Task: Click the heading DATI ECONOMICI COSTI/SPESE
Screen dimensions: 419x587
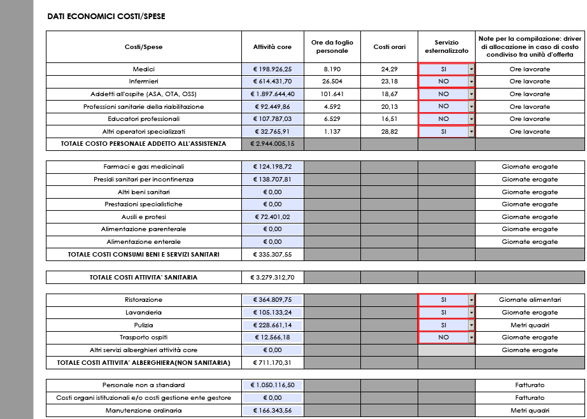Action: point(106,17)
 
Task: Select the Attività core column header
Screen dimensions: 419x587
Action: point(272,46)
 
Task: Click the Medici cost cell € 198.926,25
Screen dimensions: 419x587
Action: point(272,69)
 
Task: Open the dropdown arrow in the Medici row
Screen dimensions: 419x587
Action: point(471,69)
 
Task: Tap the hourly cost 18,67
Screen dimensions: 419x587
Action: point(389,94)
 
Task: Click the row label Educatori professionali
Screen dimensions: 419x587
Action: point(143,119)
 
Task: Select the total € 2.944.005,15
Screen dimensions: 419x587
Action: point(272,144)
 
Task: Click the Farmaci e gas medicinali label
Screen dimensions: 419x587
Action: point(143,167)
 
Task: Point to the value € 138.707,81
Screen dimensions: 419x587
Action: point(272,180)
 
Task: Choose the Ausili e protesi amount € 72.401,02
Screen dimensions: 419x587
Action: point(272,217)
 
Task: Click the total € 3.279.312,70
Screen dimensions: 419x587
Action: point(272,277)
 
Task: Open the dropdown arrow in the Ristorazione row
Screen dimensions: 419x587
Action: point(471,299)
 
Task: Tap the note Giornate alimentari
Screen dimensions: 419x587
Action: point(529,299)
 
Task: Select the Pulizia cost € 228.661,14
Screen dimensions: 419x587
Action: point(272,325)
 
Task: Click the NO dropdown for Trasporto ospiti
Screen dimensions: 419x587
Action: point(443,337)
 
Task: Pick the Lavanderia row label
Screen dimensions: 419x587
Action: point(143,313)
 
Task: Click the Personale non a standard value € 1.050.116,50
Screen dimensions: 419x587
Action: point(272,385)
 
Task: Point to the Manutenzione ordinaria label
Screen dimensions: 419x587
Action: point(143,411)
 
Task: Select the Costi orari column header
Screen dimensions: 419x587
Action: point(389,46)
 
